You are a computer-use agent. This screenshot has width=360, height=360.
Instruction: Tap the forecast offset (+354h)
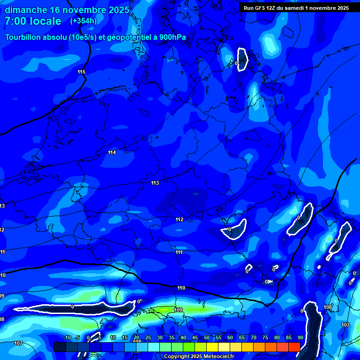tap(83, 21)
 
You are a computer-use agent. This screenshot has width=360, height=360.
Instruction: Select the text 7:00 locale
tap(33, 22)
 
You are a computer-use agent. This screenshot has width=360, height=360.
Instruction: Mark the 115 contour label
tap(82, 72)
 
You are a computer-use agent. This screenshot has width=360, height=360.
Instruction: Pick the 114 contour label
tap(112, 152)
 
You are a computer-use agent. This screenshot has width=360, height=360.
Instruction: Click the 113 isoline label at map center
tap(155, 183)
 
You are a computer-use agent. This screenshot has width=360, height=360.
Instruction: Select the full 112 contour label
tap(180, 219)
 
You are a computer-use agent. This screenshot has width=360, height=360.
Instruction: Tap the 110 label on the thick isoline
tap(181, 288)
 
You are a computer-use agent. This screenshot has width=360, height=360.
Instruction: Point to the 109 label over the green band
tap(178, 310)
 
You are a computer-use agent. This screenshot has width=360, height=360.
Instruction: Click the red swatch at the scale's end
tap(294, 347)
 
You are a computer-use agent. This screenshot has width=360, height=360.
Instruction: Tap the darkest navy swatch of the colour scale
tap(60, 347)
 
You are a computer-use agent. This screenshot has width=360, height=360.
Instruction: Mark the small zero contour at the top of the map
tap(242, 60)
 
